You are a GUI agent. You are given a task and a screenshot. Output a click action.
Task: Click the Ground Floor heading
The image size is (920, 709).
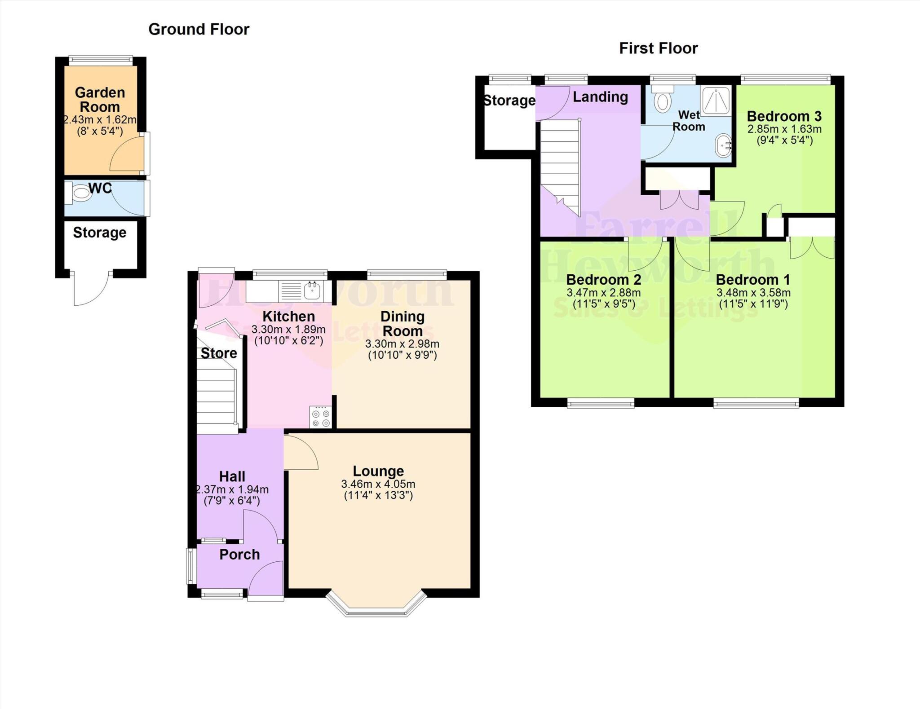point(199,30)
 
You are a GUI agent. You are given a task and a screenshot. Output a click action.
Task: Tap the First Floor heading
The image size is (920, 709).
point(658,48)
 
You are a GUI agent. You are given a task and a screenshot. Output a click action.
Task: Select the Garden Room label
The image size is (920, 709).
point(100,100)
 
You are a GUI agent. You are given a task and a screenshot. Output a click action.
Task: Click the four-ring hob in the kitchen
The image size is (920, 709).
point(321,417)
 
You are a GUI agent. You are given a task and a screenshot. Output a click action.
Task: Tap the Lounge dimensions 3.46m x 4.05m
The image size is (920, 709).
point(378,484)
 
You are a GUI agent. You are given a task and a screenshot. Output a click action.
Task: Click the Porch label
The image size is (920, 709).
point(239,555)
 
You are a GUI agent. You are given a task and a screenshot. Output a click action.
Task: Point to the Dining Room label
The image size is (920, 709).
point(402,324)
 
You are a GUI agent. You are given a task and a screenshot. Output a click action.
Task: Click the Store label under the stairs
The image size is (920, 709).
point(219,353)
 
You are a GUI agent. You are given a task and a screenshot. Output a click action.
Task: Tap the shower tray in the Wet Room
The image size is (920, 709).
point(715,101)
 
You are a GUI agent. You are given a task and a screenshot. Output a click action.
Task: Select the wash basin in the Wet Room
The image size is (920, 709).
point(723,145)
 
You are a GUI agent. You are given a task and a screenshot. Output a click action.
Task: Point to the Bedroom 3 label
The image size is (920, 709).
point(784,116)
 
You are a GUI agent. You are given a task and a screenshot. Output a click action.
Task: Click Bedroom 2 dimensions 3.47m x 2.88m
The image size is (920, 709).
point(603,293)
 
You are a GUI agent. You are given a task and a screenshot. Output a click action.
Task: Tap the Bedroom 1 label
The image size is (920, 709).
point(753,280)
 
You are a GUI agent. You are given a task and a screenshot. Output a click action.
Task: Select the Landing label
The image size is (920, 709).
point(600,97)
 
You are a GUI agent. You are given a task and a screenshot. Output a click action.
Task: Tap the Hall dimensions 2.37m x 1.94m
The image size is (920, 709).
point(232,489)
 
